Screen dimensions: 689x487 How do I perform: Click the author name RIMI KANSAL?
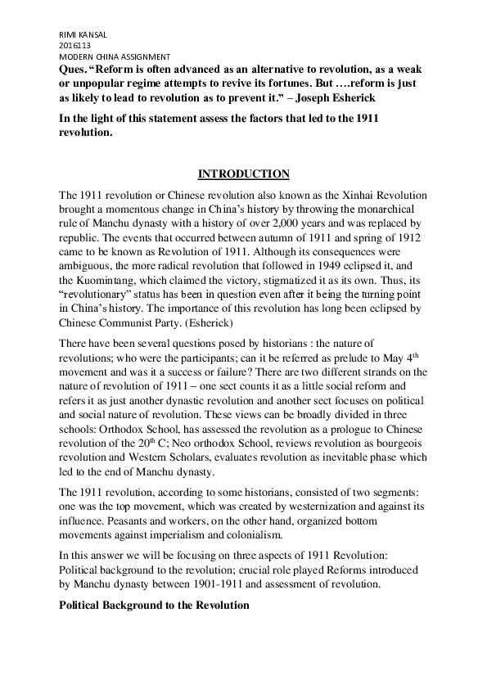coord(84,34)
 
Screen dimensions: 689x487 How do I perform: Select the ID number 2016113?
coord(74,45)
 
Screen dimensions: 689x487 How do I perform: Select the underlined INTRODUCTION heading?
coord(244,173)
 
